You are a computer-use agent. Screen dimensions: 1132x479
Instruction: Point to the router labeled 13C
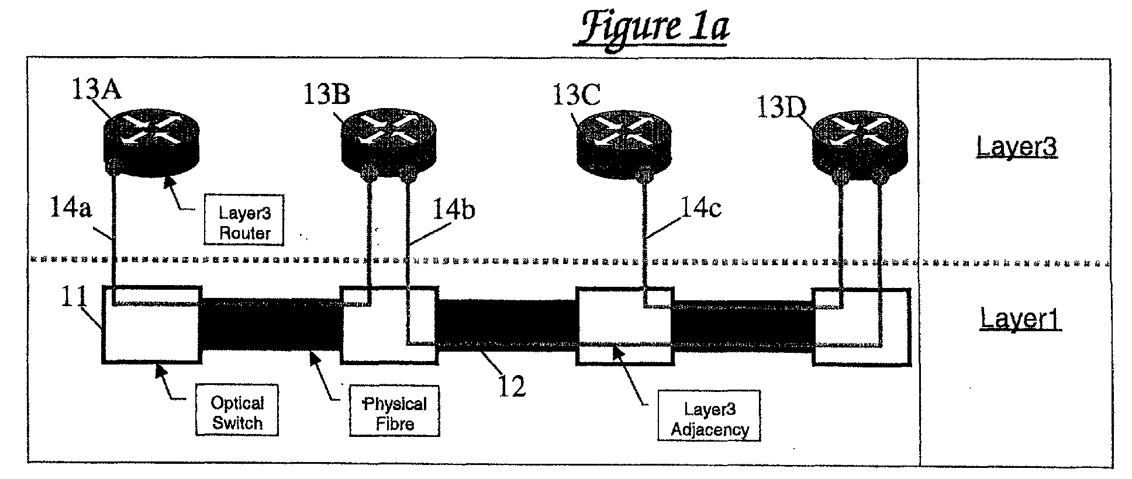pos(624,144)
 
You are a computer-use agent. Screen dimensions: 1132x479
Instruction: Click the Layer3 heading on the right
pos(1017,147)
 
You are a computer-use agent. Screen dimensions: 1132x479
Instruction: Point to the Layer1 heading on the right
pos(1020,319)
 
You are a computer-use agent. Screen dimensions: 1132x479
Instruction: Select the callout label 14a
pos(71,208)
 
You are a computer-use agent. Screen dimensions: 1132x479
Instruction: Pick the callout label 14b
pos(453,210)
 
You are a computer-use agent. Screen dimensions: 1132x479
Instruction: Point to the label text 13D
pos(782,107)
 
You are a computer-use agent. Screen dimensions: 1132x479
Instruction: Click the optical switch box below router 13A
pos(152,325)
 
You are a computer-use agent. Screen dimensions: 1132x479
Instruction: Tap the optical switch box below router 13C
pos(624,325)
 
